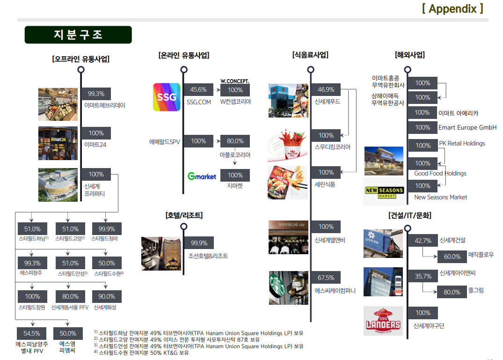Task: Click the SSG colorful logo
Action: (x=167, y=97)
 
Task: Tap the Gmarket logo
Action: (x=202, y=176)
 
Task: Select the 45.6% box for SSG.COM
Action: (x=198, y=90)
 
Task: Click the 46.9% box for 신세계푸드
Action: (x=326, y=90)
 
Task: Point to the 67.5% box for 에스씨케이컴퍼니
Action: (x=326, y=278)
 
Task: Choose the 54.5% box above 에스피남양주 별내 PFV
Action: (x=32, y=333)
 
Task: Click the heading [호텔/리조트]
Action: (x=183, y=216)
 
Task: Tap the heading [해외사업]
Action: (x=409, y=55)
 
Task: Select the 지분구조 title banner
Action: (x=78, y=35)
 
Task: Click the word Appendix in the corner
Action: (x=452, y=8)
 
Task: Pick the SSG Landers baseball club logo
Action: (x=383, y=321)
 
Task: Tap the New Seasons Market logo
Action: (x=384, y=192)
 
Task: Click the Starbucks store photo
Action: (x=288, y=287)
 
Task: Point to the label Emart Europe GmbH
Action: (x=467, y=127)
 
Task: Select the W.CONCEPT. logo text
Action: (x=235, y=81)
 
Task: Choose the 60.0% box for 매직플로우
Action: (x=452, y=257)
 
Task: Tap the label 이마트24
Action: (x=95, y=145)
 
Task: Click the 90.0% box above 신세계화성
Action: (x=107, y=296)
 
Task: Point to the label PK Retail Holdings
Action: (x=462, y=143)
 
